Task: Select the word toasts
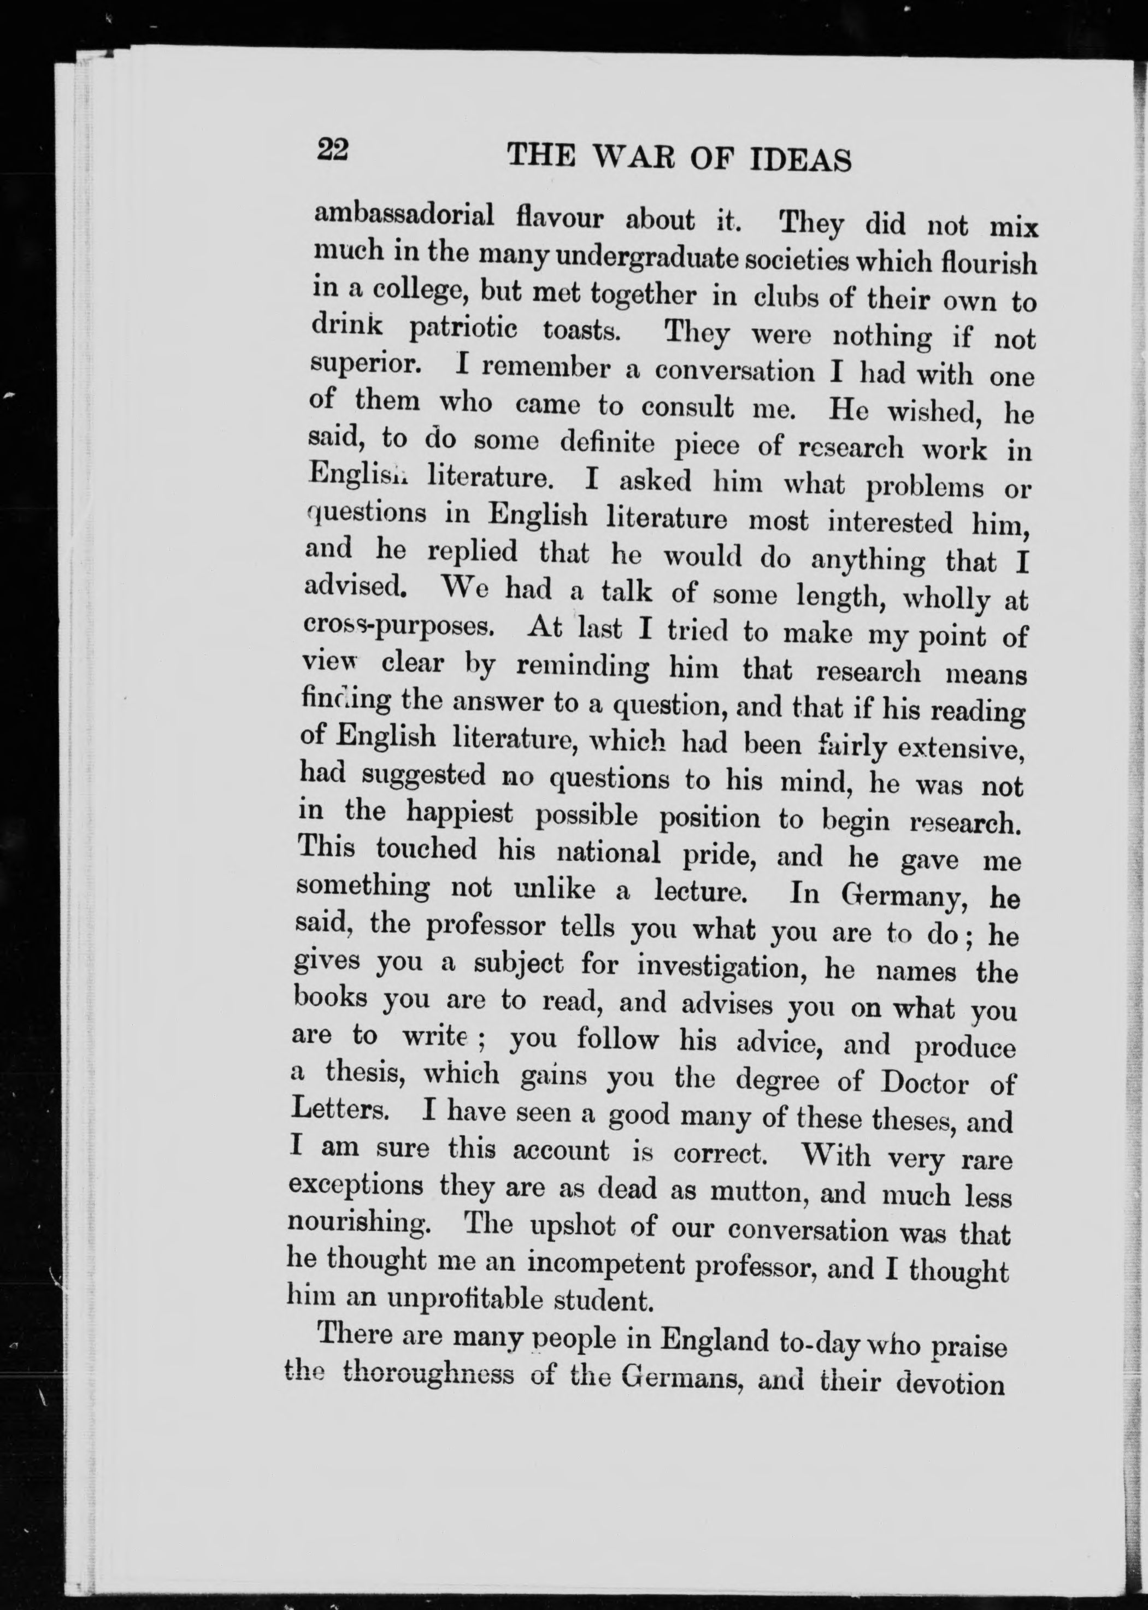[582, 331]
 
